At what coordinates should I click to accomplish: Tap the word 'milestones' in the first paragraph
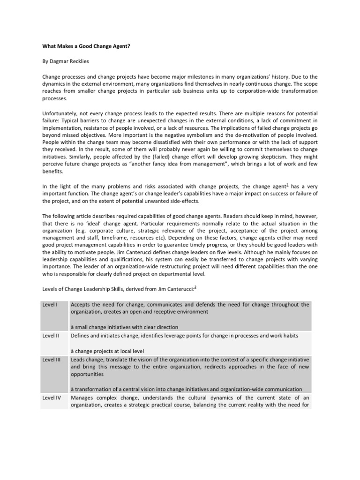(198, 76)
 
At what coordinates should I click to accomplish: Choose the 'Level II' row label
(50, 336)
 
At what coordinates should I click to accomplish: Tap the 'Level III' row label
(51, 359)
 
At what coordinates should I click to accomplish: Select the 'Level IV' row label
(51, 397)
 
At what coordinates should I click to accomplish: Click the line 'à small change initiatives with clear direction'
(124, 327)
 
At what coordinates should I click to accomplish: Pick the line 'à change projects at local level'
(107, 351)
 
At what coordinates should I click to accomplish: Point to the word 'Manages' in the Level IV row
(82, 397)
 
